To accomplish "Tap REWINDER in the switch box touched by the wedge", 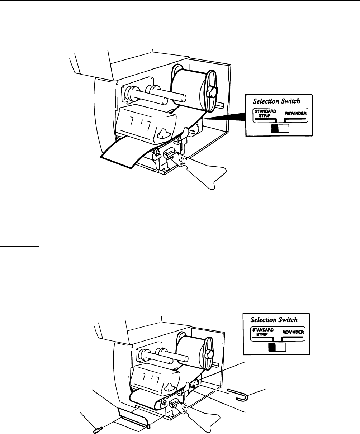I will tap(296, 114).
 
